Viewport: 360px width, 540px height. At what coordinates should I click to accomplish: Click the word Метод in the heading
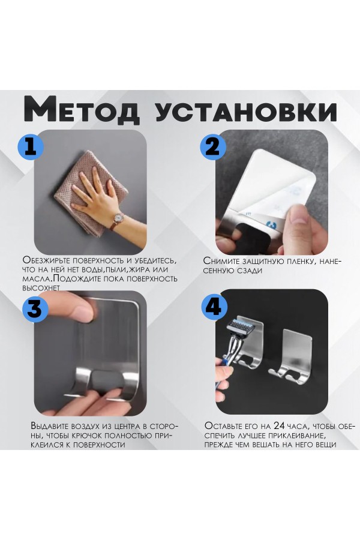[x=82, y=109]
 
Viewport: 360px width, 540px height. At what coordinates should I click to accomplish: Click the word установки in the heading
[x=246, y=112]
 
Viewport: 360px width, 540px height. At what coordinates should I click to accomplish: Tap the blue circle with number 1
[x=31, y=147]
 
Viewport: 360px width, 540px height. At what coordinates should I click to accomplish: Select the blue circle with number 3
[x=35, y=309]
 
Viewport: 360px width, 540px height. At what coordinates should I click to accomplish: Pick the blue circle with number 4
[x=213, y=306]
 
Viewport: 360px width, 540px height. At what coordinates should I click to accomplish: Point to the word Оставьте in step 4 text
[x=226, y=425]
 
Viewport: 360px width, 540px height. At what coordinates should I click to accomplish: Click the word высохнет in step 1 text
[x=41, y=287]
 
